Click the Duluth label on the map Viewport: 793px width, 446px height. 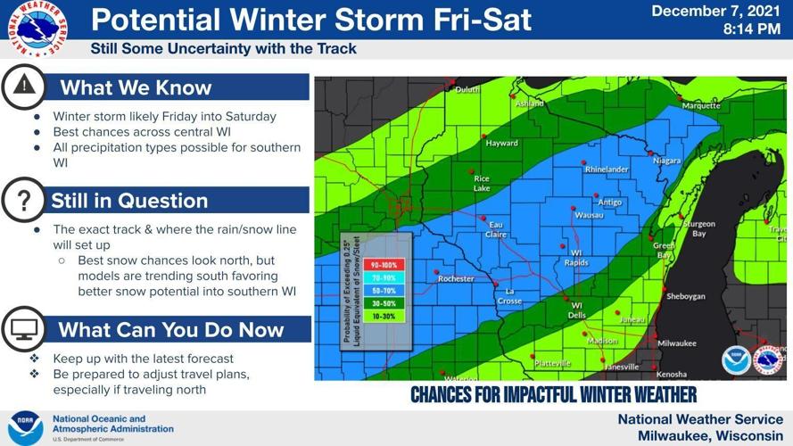click(467, 90)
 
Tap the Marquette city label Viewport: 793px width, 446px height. click(701, 105)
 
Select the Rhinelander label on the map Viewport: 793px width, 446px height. click(607, 169)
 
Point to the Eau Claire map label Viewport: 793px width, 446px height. click(497, 228)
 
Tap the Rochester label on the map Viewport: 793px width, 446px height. click(456, 279)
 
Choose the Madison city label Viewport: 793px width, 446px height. click(602, 340)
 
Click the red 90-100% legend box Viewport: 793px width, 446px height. click(384, 265)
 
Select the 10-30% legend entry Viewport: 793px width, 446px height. click(384, 315)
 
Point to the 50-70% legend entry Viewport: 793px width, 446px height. click(384, 290)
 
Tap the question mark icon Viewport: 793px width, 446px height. click(23, 201)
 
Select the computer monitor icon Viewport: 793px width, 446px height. click(23, 330)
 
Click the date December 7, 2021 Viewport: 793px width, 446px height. click(715, 12)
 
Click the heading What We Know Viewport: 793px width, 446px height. click(136, 87)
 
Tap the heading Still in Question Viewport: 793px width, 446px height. click(129, 201)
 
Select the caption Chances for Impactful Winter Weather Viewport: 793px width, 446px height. click(553, 394)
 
